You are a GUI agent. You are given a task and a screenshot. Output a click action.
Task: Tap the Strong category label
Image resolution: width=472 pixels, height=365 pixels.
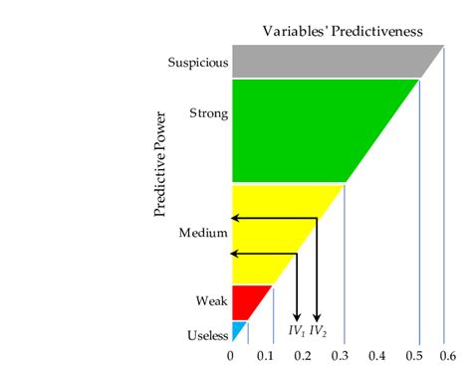[209, 113]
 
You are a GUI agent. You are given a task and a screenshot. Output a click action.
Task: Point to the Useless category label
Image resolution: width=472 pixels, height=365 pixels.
[208, 335]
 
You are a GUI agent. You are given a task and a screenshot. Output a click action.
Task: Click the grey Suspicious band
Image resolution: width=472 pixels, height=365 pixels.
[329, 62]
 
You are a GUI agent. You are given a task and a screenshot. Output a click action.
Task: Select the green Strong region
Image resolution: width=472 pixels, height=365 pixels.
[299, 129]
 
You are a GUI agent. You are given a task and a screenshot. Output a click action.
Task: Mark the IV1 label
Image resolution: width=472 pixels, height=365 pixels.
[296, 330]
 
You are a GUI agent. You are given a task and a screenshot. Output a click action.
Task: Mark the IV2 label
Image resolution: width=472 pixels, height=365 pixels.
[318, 330]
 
